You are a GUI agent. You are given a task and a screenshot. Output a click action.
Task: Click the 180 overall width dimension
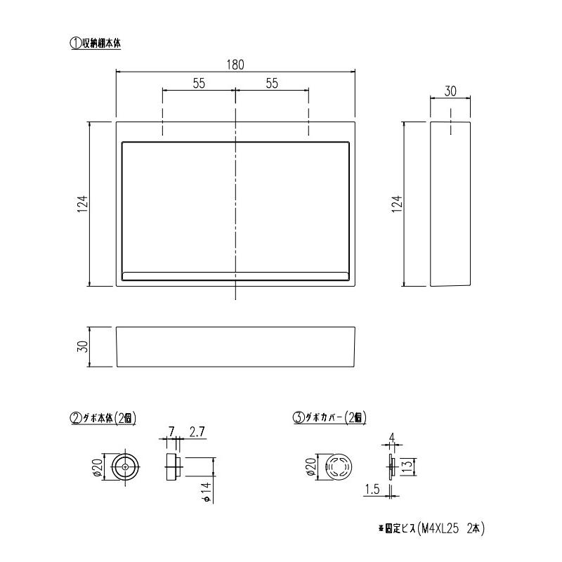pos(235,65)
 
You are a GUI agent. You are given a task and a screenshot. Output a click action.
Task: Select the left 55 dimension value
pos(198,83)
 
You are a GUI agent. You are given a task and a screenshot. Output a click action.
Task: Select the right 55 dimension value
pos(273,83)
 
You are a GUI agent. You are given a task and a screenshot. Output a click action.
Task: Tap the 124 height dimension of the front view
pos(82,204)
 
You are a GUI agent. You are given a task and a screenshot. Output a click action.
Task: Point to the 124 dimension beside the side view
pos(396,204)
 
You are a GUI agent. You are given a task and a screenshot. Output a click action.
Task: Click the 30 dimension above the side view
pos(451,91)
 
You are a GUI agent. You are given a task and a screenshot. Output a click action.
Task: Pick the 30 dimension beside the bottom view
pos(82,346)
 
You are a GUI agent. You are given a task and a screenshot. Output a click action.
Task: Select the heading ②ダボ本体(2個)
pos(103,417)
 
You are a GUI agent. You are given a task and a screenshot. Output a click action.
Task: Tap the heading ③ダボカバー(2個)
pos(329,417)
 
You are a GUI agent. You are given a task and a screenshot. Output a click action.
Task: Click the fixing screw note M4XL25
pos(431,528)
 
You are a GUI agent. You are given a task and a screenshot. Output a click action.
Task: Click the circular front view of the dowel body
pos(125,466)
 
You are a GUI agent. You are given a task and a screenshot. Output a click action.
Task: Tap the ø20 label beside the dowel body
pos(98,466)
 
